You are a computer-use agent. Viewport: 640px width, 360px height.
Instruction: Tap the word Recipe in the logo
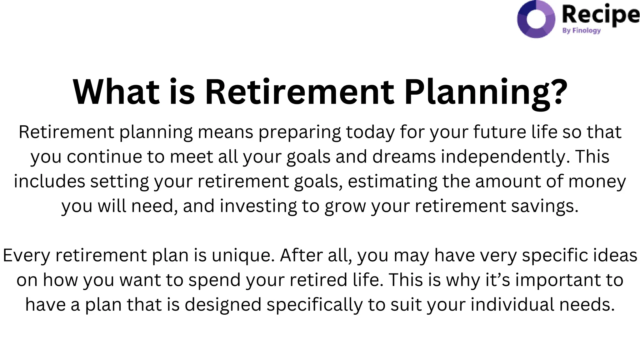(600, 15)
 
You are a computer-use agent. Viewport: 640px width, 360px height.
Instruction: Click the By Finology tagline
(581, 31)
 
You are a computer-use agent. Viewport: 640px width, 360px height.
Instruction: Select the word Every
(26, 256)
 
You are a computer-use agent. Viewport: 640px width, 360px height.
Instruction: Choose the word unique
(243, 256)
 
